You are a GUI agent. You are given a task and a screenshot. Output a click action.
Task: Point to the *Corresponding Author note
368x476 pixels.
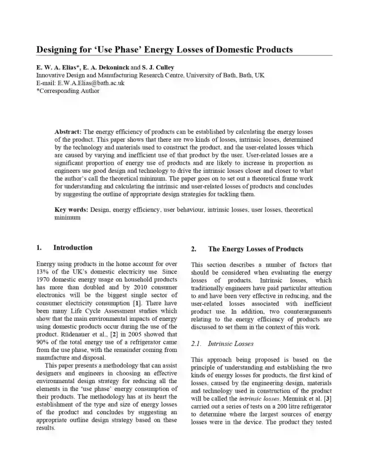68,91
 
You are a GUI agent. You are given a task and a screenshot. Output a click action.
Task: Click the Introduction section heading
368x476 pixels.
73,248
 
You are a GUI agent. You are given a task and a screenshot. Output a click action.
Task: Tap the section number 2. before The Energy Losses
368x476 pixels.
194,249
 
